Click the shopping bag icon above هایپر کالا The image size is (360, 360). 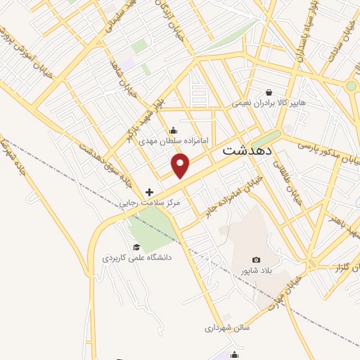(x=269, y=92)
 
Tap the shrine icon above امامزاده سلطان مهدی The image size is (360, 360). (x=174, y=130)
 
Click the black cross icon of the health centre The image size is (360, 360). (x=149, y=191)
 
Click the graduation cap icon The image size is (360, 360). (x=136, y=247)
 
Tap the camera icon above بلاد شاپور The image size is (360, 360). (x=255, y=260)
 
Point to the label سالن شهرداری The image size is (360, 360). (x=228, y=327)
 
